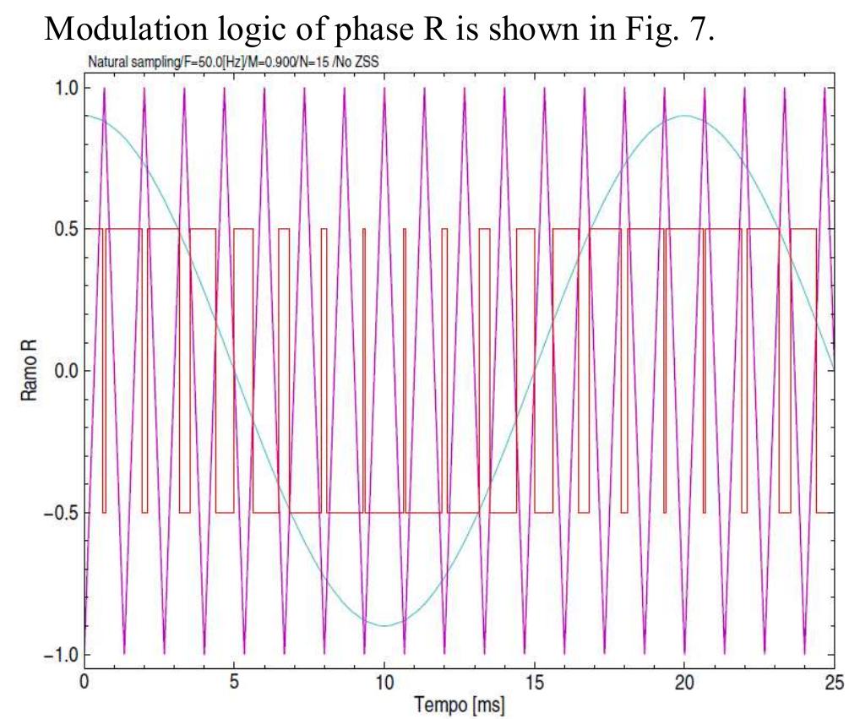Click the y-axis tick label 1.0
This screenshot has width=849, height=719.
[65, 88]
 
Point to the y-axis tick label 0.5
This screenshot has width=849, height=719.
[65, 229]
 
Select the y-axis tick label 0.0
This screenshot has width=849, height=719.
[65, 371]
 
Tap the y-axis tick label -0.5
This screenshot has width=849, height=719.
[61, 513]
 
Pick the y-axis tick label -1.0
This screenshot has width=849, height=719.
[61, 655]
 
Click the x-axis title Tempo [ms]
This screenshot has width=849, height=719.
[460, 703]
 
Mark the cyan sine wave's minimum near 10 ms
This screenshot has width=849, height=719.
[384, 626]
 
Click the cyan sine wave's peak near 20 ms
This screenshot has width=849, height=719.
[685, 116]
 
